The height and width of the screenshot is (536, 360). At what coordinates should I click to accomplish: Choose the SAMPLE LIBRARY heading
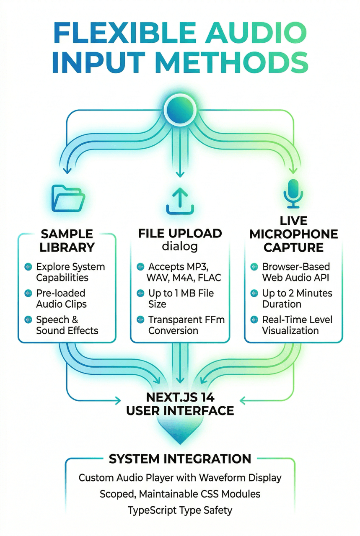(x=67, y=240)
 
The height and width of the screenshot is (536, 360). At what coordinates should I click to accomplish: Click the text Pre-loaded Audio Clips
(x=61, y=298)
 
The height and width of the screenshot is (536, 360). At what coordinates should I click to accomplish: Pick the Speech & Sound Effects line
(x=67, y=325)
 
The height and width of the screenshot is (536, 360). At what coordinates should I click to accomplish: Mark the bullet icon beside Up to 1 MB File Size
(x=140, y=293)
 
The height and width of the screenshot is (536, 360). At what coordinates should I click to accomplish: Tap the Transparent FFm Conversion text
(x=186, y=325)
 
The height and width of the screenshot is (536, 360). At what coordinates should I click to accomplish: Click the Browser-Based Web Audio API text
(x=296, y=272)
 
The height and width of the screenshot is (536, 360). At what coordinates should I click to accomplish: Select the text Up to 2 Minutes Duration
(x=297, y=298)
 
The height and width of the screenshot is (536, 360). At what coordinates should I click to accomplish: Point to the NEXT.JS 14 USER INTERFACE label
(x=180, y=404)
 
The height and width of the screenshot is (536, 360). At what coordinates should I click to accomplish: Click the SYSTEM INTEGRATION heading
(x=180, y=459)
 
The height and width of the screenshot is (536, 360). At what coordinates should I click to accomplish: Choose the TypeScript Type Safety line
(x=180, y=510)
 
